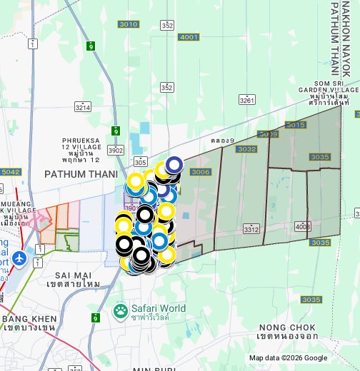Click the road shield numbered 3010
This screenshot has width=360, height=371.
click(x=129, y=24)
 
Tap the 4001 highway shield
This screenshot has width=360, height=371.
click(x=189, y=36)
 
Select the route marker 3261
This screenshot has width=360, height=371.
click(x=247, y=101)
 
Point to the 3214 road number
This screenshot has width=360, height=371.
click(x=83, y=107)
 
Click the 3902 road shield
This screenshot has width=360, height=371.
click(x=116, y=151)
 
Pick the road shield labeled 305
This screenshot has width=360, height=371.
click(x=141, y=161)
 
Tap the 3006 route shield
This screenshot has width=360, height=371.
click(x=201, y=172)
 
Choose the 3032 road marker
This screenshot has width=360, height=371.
click(x=246, y=149)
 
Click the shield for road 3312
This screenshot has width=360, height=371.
click(x=251, y=229)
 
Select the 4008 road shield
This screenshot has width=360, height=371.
click(x=302, y=227)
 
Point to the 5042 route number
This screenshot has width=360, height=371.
click(x=11, y=172)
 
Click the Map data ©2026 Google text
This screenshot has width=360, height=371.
click(x=288, y=358)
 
